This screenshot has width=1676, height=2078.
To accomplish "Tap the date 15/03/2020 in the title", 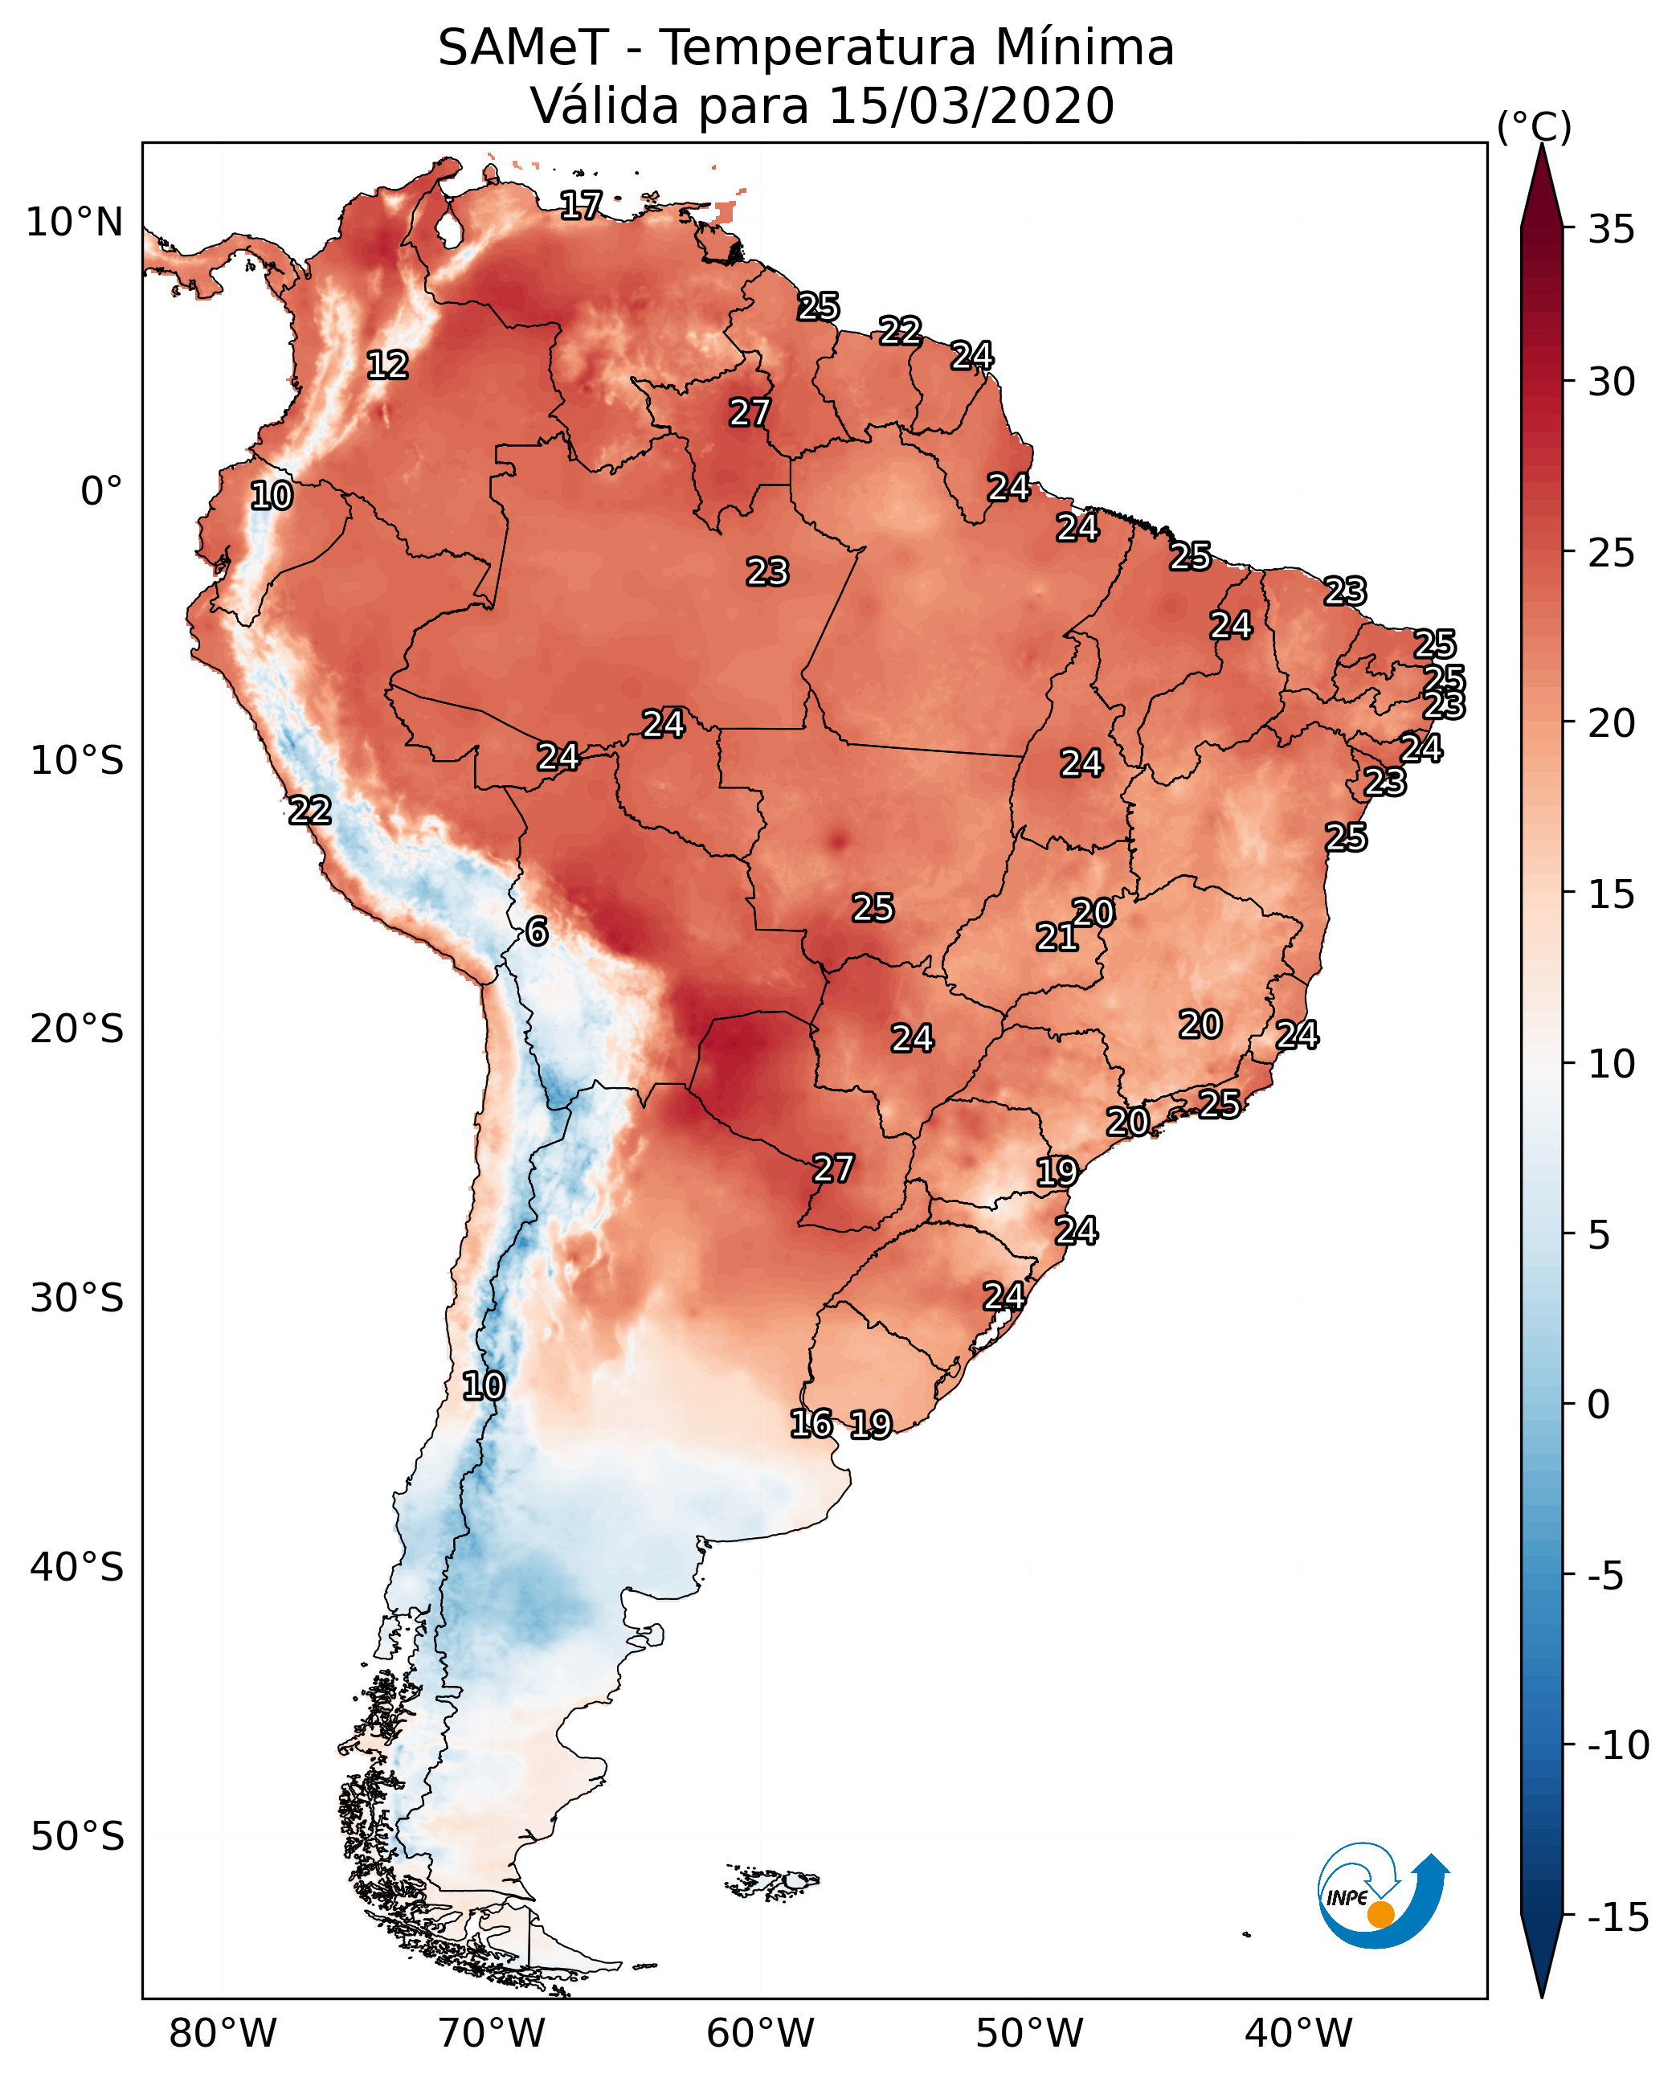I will [971, 106].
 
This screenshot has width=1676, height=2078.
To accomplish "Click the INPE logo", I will [1382, 1896].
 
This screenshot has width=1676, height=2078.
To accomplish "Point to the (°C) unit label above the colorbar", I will [1534, 126].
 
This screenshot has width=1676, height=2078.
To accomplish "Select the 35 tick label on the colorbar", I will [1611, 230].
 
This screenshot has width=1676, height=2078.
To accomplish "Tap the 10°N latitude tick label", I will [75, 223].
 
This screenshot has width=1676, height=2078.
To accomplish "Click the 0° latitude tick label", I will [101, 492].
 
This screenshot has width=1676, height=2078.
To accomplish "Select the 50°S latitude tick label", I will [76, 1835].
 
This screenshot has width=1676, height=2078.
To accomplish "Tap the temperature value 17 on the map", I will [581, 205].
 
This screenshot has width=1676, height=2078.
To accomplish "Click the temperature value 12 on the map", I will [388, 365].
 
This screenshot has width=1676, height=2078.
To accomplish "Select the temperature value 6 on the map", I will [537, 931].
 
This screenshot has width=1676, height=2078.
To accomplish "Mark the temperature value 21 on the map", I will [1057, 937].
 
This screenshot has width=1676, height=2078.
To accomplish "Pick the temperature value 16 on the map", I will [811, 1422].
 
